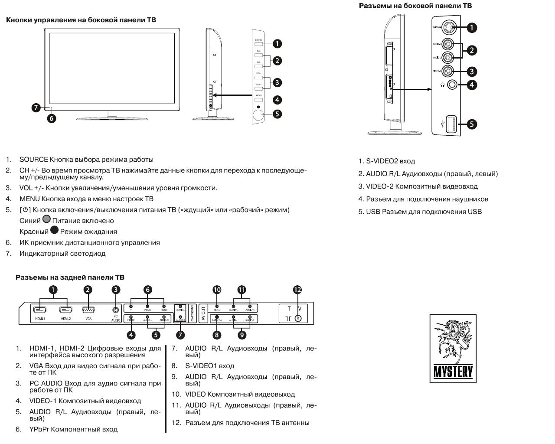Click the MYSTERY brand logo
(x=453, y=349)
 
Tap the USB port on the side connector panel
(x=449, y=124)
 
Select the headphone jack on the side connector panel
(x=452, y=85)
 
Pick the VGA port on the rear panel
(x=88, y=310)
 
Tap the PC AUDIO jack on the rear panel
(x=115, y=310)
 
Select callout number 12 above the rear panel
(x=297, y=290)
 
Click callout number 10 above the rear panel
(x=217, y=290)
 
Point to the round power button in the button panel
(x=259, y=115)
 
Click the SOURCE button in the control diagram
(x=259, y=43)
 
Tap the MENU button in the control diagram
(x=259, y=99)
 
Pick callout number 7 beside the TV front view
(x=36, y=108)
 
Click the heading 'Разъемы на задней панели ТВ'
(x=70, y=277)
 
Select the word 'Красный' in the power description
(x=34, y=232)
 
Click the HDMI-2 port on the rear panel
(x=66, y=310)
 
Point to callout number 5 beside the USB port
(x=472, y=124)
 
